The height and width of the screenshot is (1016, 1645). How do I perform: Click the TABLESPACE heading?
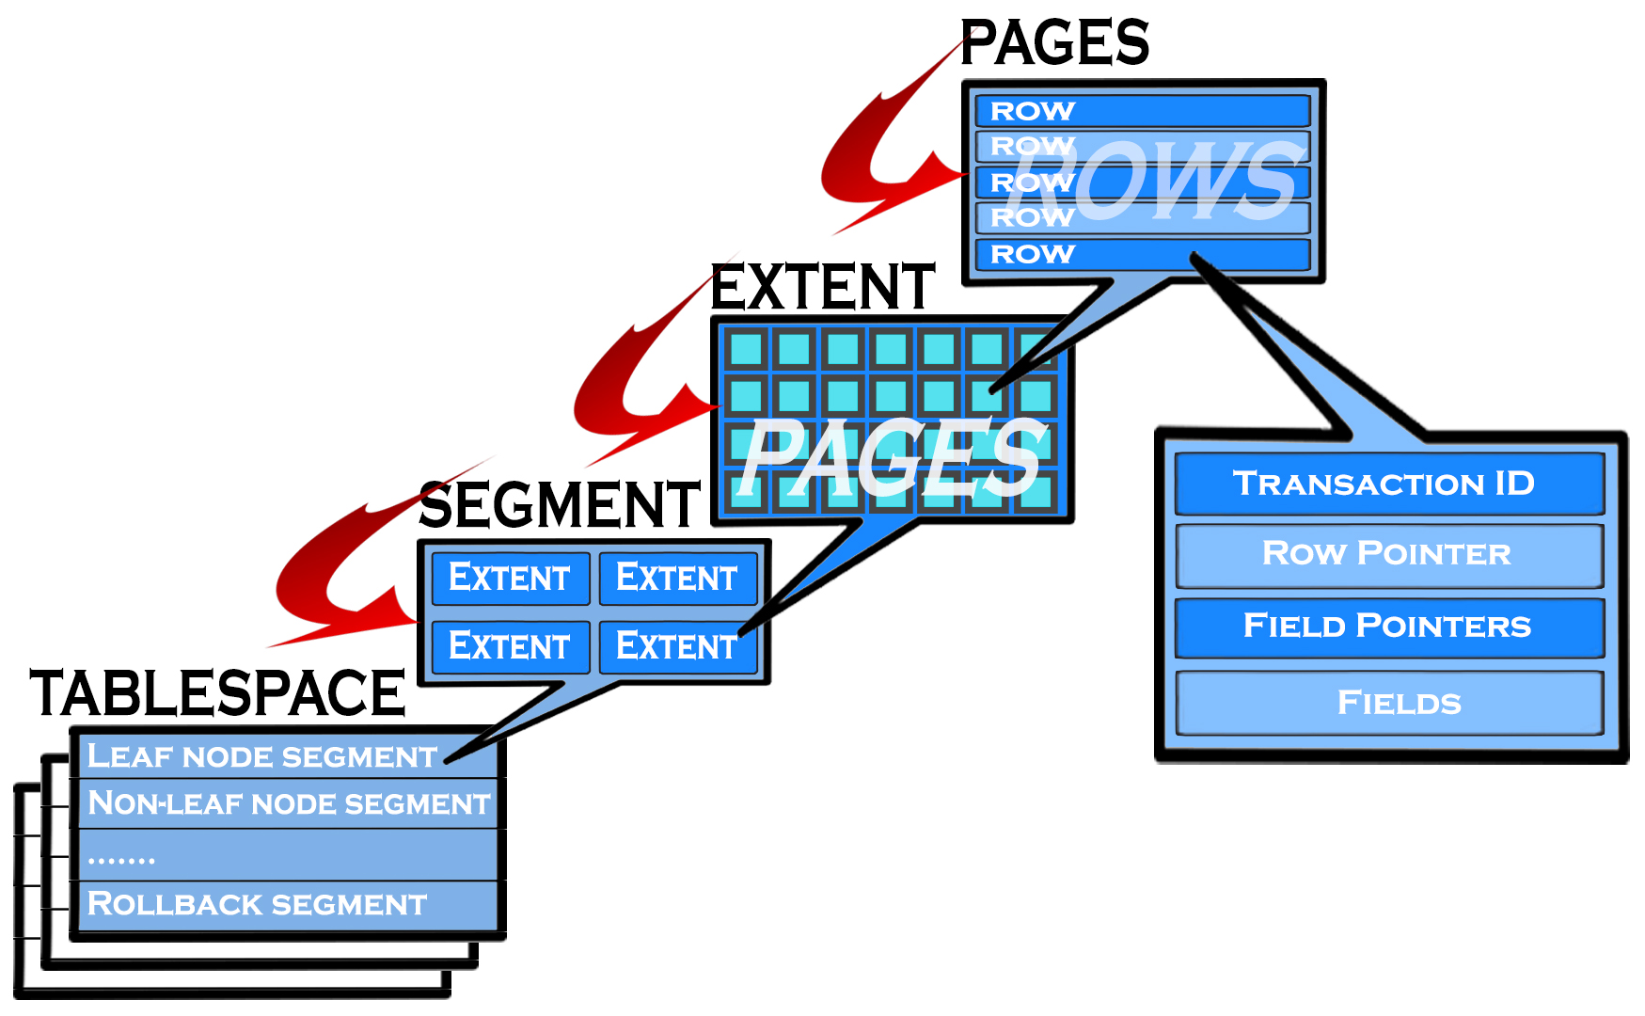click(x=217, y=693)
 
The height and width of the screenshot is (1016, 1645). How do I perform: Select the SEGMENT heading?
click(x=560, y=505)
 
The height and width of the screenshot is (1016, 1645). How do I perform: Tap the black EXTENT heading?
click(x=823, y=288)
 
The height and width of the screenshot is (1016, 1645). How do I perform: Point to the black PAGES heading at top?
click(x=1054, y=43)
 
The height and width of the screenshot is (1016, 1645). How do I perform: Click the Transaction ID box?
click(x=1388, y=484)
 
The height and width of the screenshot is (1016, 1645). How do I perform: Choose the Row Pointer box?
click(x=1388, y=554)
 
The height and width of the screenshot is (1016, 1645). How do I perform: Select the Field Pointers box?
click(x=1388, y=627)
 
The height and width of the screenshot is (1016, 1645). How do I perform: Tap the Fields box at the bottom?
click(x=1388, y=703)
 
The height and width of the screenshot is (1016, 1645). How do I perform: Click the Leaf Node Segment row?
click(x=263, y=756)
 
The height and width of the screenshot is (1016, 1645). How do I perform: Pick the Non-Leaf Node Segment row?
click(x=288, y=804)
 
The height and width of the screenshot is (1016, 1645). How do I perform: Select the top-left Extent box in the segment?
click(x=510, y=578)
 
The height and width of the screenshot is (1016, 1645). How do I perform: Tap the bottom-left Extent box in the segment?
click(x=510, y=646)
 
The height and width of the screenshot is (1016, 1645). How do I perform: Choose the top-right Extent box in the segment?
click(x=677, y=578)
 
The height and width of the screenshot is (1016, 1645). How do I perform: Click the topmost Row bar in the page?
click(x=1142, y=111)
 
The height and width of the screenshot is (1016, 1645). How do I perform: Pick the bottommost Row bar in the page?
click(x=1142, y=254)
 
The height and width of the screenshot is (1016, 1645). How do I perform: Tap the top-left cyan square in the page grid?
click(x=746, y=349)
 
